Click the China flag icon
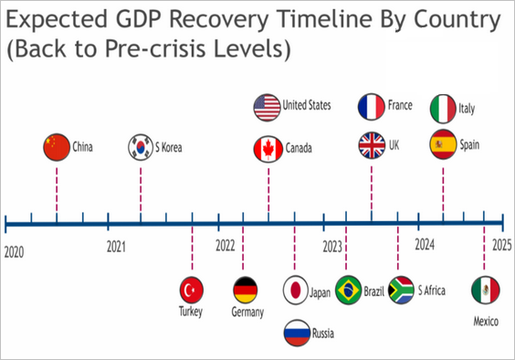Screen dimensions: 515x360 click(x=57, y=147)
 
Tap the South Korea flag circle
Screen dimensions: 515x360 click(x=141, y=147)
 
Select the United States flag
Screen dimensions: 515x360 click(x=267, y=107)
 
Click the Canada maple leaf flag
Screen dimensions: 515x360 click(x=268, y=149)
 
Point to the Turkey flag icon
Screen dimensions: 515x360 click(x=192, y=290)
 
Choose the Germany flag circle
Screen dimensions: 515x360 click(x=245, y=290)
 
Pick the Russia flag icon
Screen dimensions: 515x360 click(x=297, y=333)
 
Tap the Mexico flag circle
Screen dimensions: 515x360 click(x=486, y=290)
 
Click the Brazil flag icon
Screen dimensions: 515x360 click(x=349, y=290)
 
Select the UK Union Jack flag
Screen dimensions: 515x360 click(x=372, y=145)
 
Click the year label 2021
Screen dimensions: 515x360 click(x=116, y=247)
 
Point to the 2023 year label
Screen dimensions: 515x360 click(x=332, y=247)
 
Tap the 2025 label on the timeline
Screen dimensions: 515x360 click(x=502, y=245)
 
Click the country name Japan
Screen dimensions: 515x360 click(x=320, y=292)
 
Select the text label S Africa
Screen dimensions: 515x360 click(x=432, y=291)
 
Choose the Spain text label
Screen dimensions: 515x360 click(x=469, y=144)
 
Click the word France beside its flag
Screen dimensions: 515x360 click(x=400, y=105)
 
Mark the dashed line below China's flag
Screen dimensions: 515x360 click(x=57, y=190)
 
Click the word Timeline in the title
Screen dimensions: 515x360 click(x=325, y=19)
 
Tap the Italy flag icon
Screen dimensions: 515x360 click(x=443, y=109)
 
